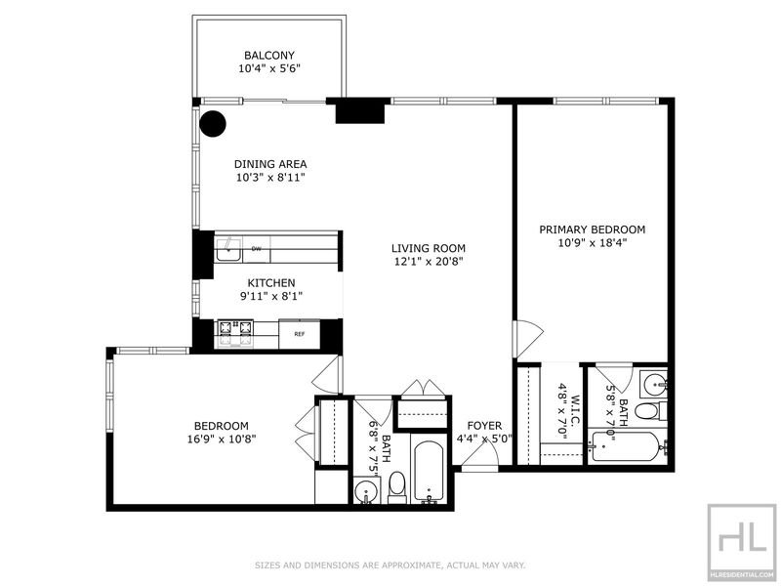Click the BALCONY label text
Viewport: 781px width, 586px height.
269,56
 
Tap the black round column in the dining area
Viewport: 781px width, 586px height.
213,123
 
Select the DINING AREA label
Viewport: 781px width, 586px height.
270,164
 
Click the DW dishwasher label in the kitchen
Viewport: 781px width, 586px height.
257,248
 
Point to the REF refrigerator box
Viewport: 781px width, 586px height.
299,334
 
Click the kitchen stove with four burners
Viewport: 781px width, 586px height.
235,334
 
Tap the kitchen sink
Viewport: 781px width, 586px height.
228,250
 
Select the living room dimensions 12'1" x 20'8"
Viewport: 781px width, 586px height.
429,262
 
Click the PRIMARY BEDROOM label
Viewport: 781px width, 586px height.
593,230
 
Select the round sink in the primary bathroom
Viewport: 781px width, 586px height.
654,384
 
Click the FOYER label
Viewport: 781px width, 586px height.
484,426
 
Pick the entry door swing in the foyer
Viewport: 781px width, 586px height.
479,455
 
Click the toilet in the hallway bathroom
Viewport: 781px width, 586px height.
397,487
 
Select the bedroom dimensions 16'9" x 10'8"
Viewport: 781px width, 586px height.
222,439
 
